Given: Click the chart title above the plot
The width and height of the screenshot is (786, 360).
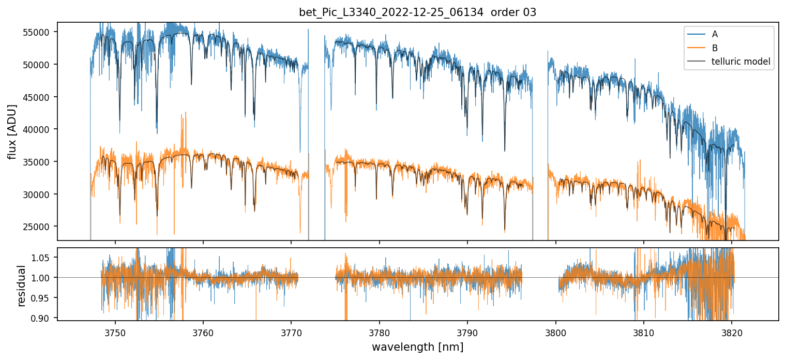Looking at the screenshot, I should (417, 12).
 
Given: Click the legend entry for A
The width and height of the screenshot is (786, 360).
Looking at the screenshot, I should (715, 34).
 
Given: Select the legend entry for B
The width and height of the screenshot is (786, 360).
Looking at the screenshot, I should (715, 48).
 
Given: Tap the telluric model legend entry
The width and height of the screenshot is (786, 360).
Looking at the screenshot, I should (740, 62).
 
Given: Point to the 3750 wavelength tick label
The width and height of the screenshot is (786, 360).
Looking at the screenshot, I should (115, 331).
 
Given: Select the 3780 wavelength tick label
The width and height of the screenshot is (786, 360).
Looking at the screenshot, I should (380, 331).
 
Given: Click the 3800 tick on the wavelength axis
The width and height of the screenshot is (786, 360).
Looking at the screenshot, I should (556, 331).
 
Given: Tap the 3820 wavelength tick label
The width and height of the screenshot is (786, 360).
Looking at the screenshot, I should (732, 331).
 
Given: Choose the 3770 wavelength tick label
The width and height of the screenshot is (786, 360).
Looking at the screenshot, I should (291, 331).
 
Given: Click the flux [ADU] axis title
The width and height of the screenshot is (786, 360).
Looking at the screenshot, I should (12, 131).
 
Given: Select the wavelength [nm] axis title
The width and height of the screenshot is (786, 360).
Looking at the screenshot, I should (417, 347).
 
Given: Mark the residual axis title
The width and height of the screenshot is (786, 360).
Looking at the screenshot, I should (22, 285).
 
